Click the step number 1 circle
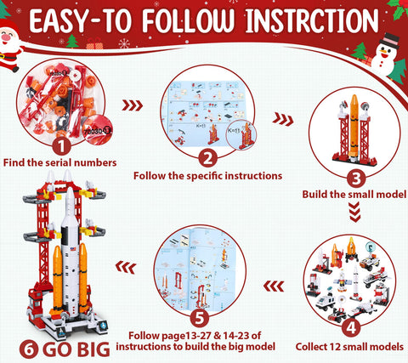pyautogui.click(x=61, y=146)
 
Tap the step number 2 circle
pyautogui.click(x=207, y=158)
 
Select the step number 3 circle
pyautogui.click(x=356, y=179)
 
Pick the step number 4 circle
pyautogui.click(x=351, y=327)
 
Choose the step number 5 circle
pyautogui.click(x=200, y=317)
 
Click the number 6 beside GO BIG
pyautogui.click(x=29, y=349)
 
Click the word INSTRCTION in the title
pyautogui.click(x=312, y=20)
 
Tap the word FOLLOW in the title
pyautogui.click(x=189, y=20)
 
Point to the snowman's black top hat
pyautogui.click(x=389, y=41)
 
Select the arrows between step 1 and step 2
pyautogui.click(x=133, y=105)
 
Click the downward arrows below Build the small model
pyautogui.click(x=355, y=212)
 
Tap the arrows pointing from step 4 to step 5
pyautogui.click(x=274, y=286)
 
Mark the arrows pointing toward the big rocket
pyautogui.click(x=126, y=267)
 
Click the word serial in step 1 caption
pyautogui.click(x=54, y=162)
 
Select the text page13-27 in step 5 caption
pyautogui.click(x=186, y=336)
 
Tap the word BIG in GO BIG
pyautogui.click(x=93, y=349)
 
